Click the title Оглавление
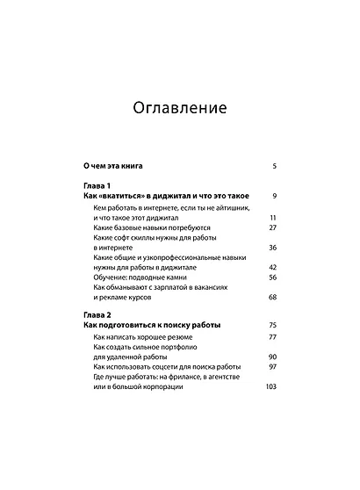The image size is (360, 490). tap(180, 109)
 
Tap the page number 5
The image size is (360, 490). tap(275, 165)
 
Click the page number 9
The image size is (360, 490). tap(275, 196)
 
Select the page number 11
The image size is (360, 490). tap(273, 217)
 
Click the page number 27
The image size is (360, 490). tap(273, 227)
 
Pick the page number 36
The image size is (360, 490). tap(273, 248)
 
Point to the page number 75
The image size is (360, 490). tap(273, 324)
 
